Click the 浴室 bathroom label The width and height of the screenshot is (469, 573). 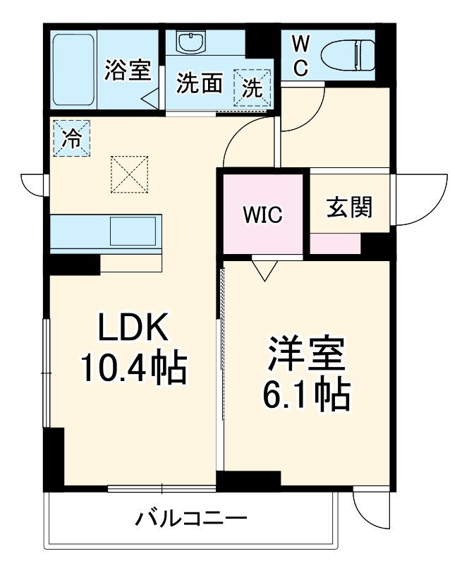click(x=128, y=71)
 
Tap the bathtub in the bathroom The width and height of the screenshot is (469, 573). click(x=73, y=69)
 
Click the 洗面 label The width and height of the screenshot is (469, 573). click(x=200, y=85)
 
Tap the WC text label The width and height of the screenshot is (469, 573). click(x=300, y=56)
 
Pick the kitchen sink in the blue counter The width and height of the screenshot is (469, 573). click(x=133, y=231)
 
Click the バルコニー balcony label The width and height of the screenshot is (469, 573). click(x=191, y=520)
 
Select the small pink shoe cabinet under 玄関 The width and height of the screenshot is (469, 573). click(x=335, y=243)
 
